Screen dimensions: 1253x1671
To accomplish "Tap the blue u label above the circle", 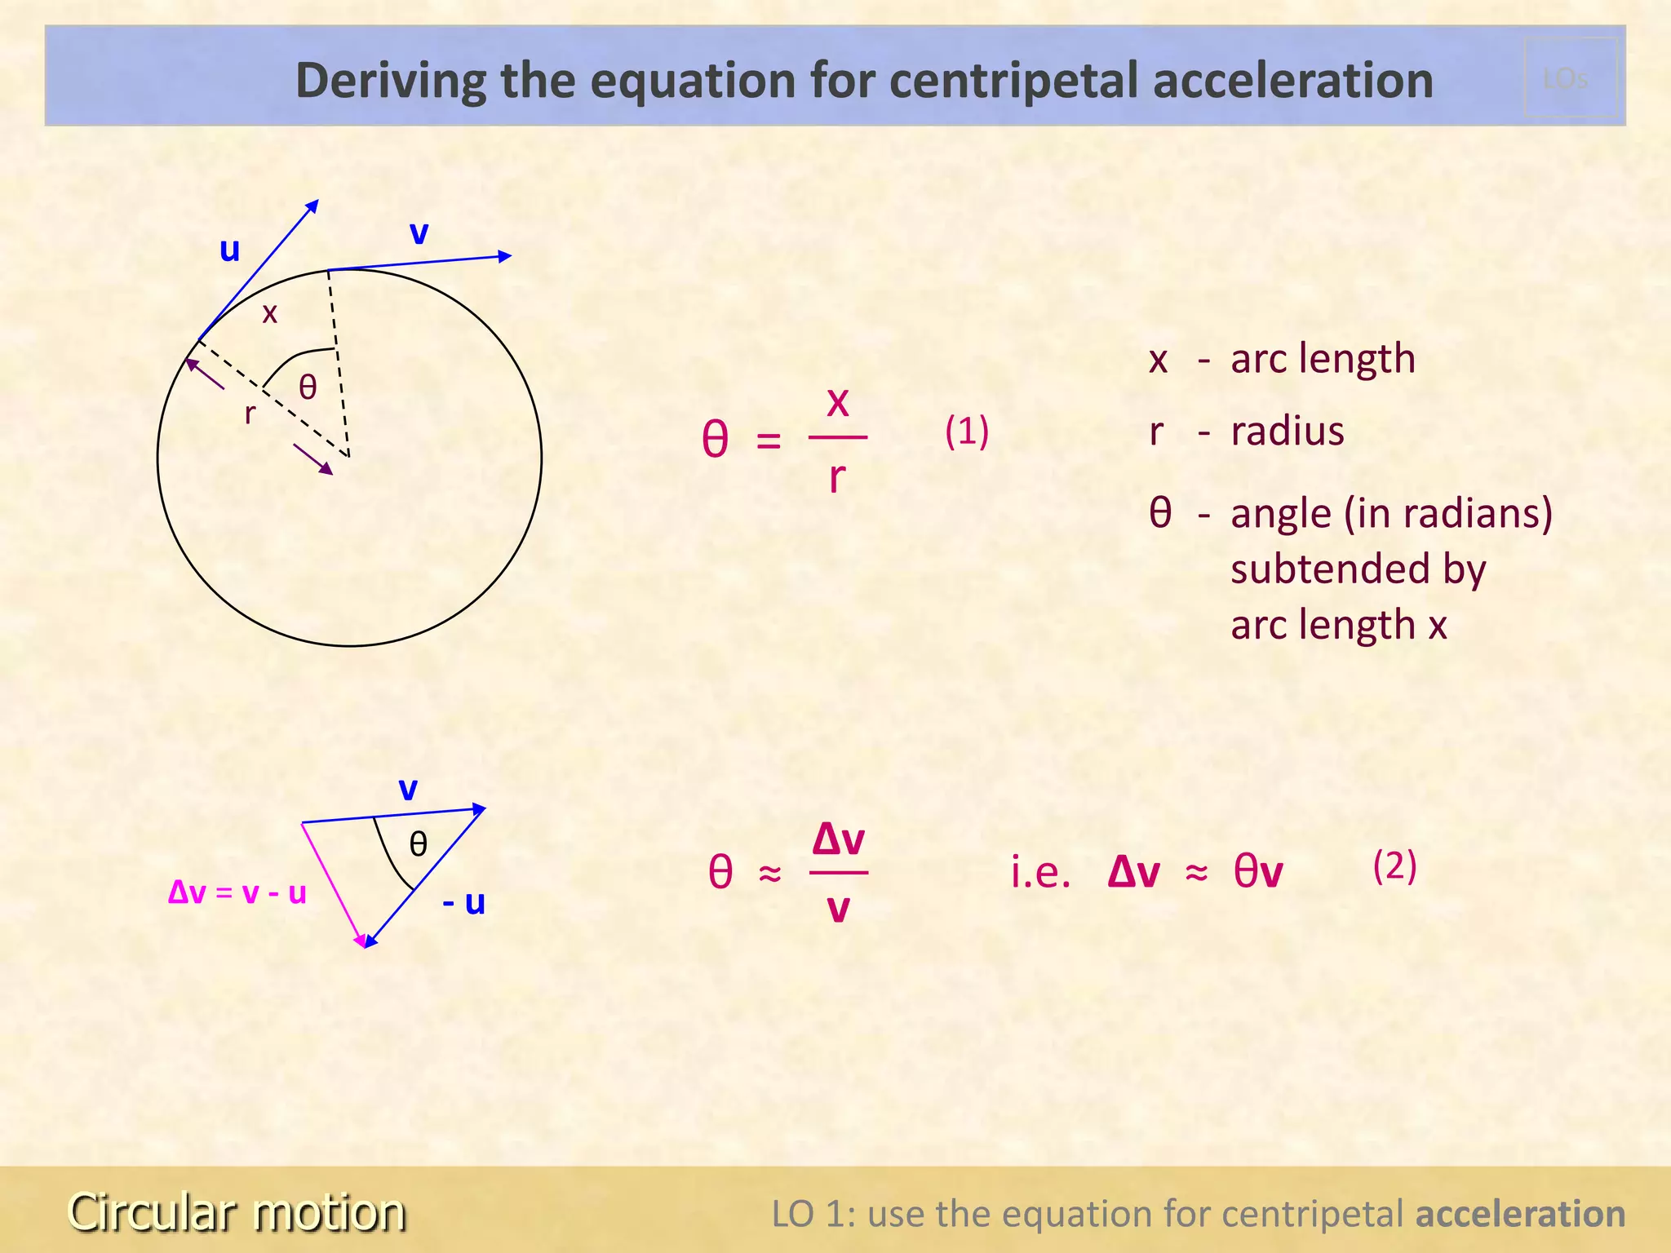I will [x=230, y=250].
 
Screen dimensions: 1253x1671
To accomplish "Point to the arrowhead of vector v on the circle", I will [x=505, y=256].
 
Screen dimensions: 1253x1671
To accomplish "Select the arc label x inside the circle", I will [x=269, y=312].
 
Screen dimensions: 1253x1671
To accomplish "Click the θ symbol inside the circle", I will [x=308, y=387].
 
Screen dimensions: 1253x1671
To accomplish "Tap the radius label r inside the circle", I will [x=250, y=414].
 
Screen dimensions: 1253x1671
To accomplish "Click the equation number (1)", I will [x=967, y=431].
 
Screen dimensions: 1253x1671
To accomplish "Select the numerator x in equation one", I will [x=838, y=401].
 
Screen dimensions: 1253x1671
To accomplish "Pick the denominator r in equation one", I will [x=836, y=476].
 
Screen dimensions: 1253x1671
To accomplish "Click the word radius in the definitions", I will [x=1288, y=431].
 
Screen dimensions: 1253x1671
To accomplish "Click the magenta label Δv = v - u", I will [x=237, y=892].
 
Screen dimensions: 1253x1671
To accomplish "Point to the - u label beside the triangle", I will [x=464, y=903].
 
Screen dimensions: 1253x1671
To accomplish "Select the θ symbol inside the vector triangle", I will [x=419, y=843].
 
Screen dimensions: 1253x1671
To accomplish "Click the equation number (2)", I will [x=1394, y=866].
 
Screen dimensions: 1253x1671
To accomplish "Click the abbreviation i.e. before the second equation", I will [x=1040, y=872].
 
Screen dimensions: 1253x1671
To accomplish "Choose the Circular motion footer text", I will [x=237, y=1211].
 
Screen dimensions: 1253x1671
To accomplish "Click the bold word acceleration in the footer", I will [x=1520, y=1214].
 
